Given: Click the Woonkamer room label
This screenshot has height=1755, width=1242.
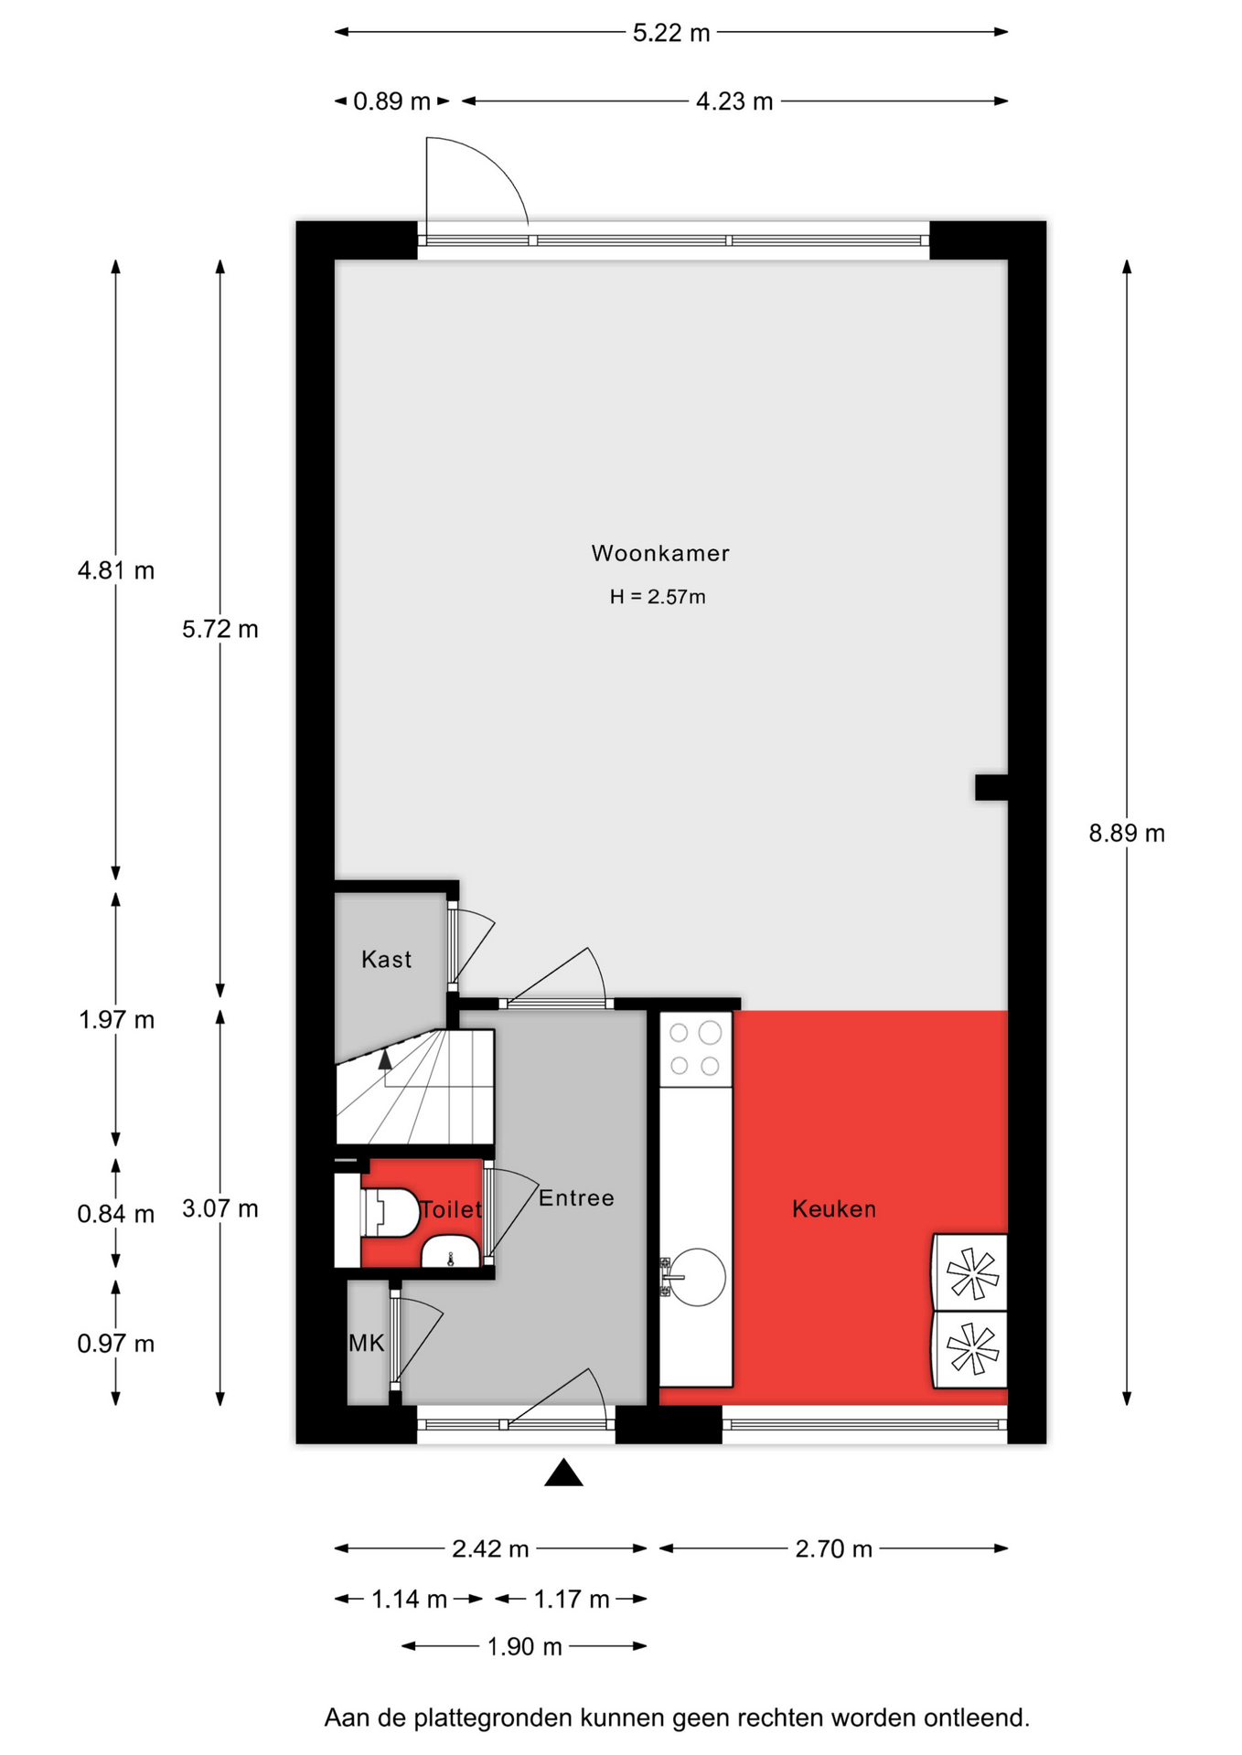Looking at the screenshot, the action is coord(660,553).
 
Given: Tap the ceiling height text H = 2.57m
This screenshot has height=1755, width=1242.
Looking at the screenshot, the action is coord(658,597).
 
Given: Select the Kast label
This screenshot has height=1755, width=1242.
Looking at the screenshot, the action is coord(386,959).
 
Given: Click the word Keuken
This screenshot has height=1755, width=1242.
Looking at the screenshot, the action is coord(834,1208).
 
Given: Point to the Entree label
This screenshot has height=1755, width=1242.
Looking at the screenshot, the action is coord(576,1197).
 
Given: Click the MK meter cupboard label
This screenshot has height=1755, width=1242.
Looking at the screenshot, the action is coord(367,1343).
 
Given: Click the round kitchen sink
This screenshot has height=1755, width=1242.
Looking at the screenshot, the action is coord(697,1277).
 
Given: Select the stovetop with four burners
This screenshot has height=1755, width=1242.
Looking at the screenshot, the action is coord(695,1048).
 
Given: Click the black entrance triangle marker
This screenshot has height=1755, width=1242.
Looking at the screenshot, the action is coord(563,1473).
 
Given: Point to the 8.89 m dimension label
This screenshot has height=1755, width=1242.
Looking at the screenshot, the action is coord(1127,833).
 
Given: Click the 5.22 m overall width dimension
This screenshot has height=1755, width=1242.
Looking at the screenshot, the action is coord(671,33).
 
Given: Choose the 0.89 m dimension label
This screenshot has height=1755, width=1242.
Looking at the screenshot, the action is coord(391,101).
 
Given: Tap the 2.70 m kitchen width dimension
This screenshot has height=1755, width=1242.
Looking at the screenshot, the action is coord(833,1548).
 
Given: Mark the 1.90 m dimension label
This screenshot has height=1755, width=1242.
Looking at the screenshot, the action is coord(524,1646).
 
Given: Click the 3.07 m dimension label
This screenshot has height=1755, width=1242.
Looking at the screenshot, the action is coord(220,1208).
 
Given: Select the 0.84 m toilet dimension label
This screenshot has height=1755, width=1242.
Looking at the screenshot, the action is coord(115,1214).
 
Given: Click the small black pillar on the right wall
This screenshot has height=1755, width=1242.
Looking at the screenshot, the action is coord(991,787).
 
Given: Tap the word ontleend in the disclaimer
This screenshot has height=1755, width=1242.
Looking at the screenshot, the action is coord(977,1718).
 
